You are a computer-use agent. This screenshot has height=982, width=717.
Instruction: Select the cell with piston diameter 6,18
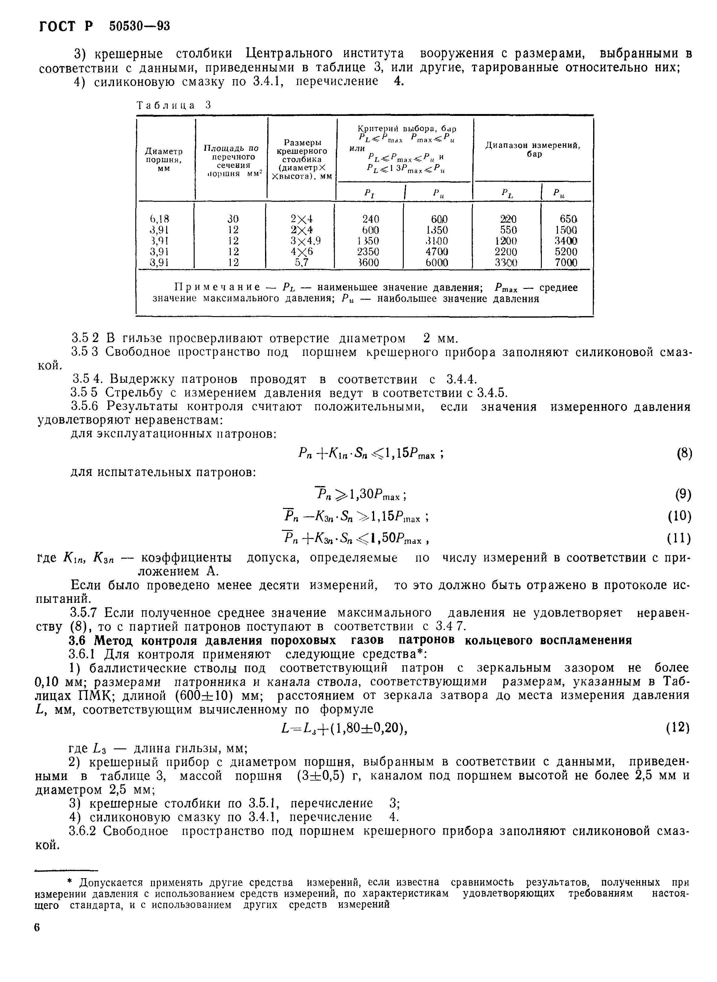coord(159,218)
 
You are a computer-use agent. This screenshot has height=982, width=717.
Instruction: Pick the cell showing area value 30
coord(233,218)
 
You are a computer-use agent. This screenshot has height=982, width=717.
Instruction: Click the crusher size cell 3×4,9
coord(302,240)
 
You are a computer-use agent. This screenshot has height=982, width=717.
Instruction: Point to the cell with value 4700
coord(436,251)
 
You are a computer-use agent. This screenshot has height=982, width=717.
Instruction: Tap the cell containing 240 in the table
coord(370,218)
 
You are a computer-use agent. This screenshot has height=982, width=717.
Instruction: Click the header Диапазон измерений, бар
coord(533,150)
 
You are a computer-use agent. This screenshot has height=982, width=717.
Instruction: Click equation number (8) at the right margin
coord(684,454)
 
